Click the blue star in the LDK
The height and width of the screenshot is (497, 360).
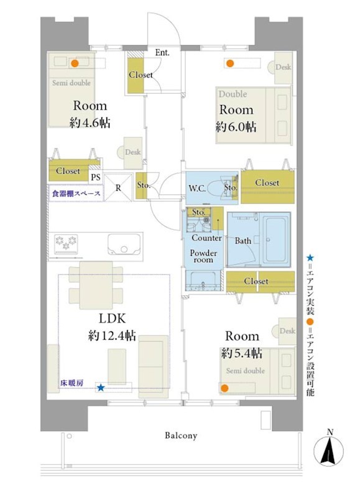(x=101, y=387)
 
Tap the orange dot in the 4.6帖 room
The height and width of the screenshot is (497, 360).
(x=75, y=63)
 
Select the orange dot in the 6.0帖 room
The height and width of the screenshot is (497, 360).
(x=230, y=63)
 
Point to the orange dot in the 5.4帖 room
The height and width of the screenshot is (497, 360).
(x=224, y=388)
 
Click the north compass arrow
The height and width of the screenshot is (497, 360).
(x=328, y=450)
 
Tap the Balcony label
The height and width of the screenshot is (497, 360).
(x=181, y=435)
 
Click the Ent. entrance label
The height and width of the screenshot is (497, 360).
(x=162, y=53)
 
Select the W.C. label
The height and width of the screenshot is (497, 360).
(x=197, y=188)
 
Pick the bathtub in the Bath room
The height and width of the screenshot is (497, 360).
(x=277, y=239)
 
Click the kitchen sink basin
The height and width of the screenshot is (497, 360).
(x=124, y=244)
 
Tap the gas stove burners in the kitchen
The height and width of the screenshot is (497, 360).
(x=66, y=244)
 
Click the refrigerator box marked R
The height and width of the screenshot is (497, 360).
(x=118, y=188)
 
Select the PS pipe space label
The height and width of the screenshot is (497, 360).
(x=96, y=177)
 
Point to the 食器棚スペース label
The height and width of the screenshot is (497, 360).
(x=76, y=193)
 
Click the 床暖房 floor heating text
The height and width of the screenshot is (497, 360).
(x=72, y=383)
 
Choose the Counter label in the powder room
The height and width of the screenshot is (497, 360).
(x=206, y=238)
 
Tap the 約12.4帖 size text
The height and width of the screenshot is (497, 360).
(x=112, y=335)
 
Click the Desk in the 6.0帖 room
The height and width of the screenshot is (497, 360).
(x=283, y=67)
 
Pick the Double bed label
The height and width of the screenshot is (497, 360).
(x=233, y=94)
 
